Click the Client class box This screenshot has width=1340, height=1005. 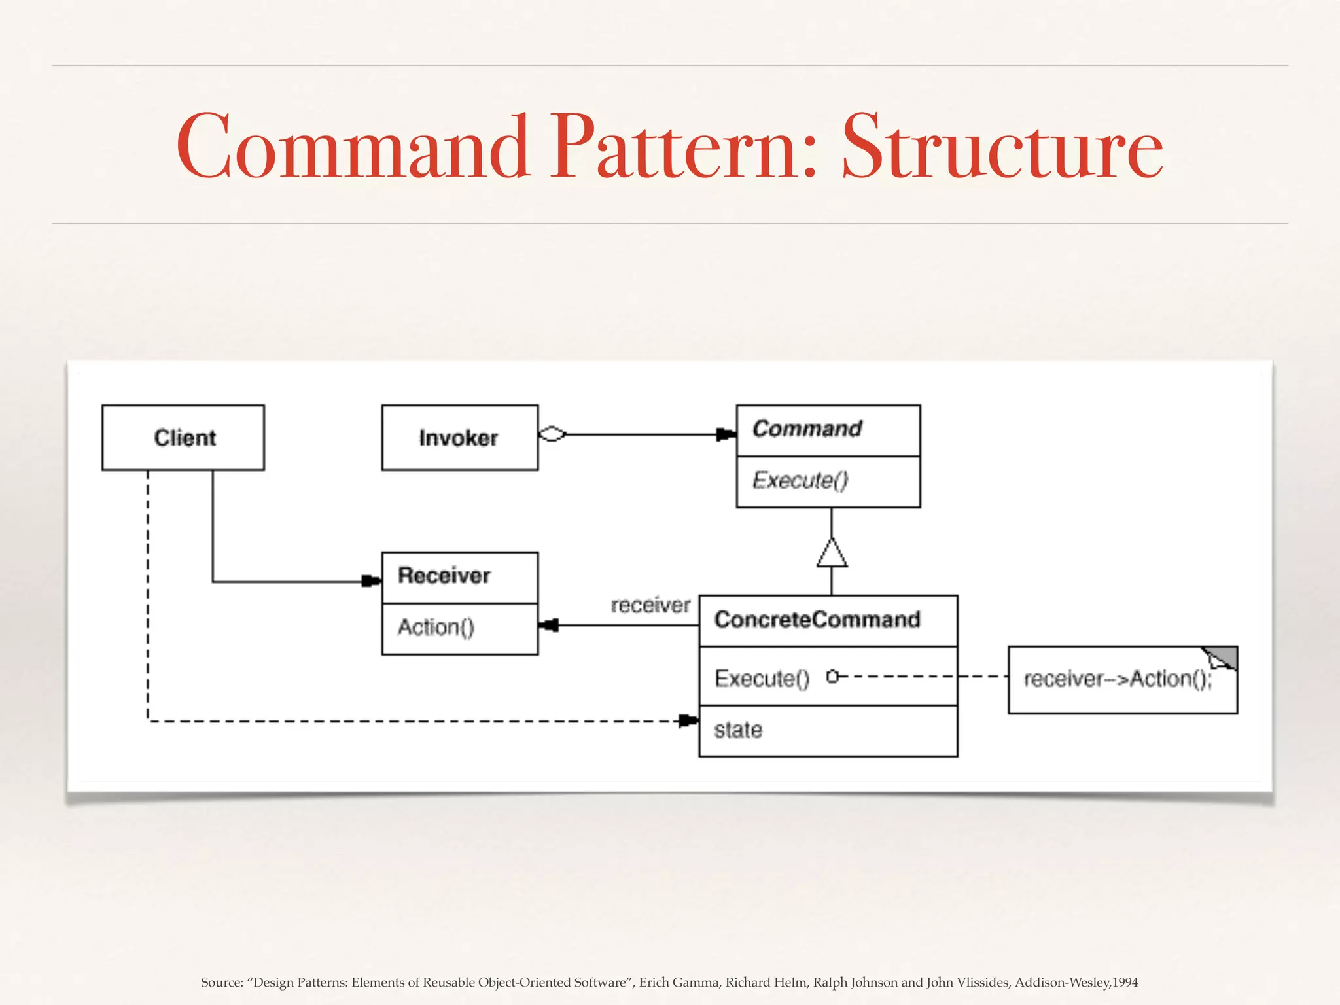tap(183, 437)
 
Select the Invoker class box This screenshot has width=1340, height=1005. tap(459, 437)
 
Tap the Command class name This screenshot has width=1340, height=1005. tap(807, 429)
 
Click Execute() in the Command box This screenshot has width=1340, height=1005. tap(800, 480)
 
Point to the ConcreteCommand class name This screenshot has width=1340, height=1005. tap(817, 619)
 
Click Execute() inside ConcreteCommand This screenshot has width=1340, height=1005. tap(762, 678)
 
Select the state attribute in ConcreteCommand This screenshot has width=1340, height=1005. tap(738, 730)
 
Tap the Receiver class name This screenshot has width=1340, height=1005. tap(444, 576)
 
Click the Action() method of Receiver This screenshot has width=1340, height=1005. tap(436, 627)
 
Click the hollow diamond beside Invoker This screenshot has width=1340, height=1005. tap(552, 434)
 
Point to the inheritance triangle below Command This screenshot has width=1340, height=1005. tap(832, 554)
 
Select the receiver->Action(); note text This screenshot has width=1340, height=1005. tap(1118, 679)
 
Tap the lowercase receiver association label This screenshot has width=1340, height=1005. tap(650, 605)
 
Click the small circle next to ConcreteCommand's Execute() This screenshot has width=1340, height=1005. tap(832, 677)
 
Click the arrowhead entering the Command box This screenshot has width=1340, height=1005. tap(726, 434)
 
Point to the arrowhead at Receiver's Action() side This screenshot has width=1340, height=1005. tap(550, 626)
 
